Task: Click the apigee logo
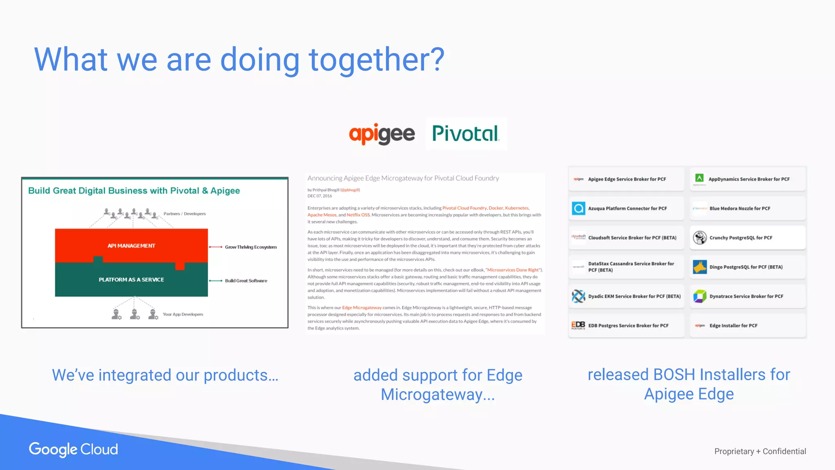pyautogui.click(x=382, y=134)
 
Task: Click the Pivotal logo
pyautogui.click(x=465, y=134)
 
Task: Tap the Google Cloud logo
pyautogui.click(x=73, y=449)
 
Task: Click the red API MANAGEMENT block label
pyautogui.click(x=131, y=246)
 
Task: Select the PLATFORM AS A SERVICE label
pyautogui.click(x=131, y=279)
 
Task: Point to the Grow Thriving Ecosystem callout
pyautogui.click(x=250, y=247)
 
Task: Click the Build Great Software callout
pyautogui.click(x=246, y=281)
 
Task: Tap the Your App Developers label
pyautogui.click(x=183, y=314)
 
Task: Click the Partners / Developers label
pyautogui.click(x=184, y=214)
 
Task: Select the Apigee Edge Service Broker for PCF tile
pyautogui.click(x=626, y=179)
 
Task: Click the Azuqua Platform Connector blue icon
pyautogui.click(x=578, y=208)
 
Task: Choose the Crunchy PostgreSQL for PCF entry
pyautogui.click(x=740, y=238)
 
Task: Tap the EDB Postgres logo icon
pyautogui.click(x=578, y=325)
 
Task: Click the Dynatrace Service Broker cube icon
pyautogui.click(x=700, y=296)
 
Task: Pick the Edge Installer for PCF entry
pyautogui.click(x=733, y=326)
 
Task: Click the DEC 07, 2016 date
pyautogui.click(x=320, y=196)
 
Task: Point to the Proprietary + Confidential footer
pyautogui.click(x=760, y=451)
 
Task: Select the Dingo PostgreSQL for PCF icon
pyautogui.click(x=700, y=267)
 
